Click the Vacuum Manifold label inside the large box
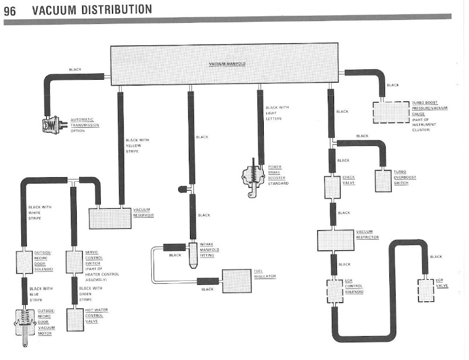224,63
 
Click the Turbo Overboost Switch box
383,181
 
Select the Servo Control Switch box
73,262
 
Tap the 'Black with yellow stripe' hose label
137,145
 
